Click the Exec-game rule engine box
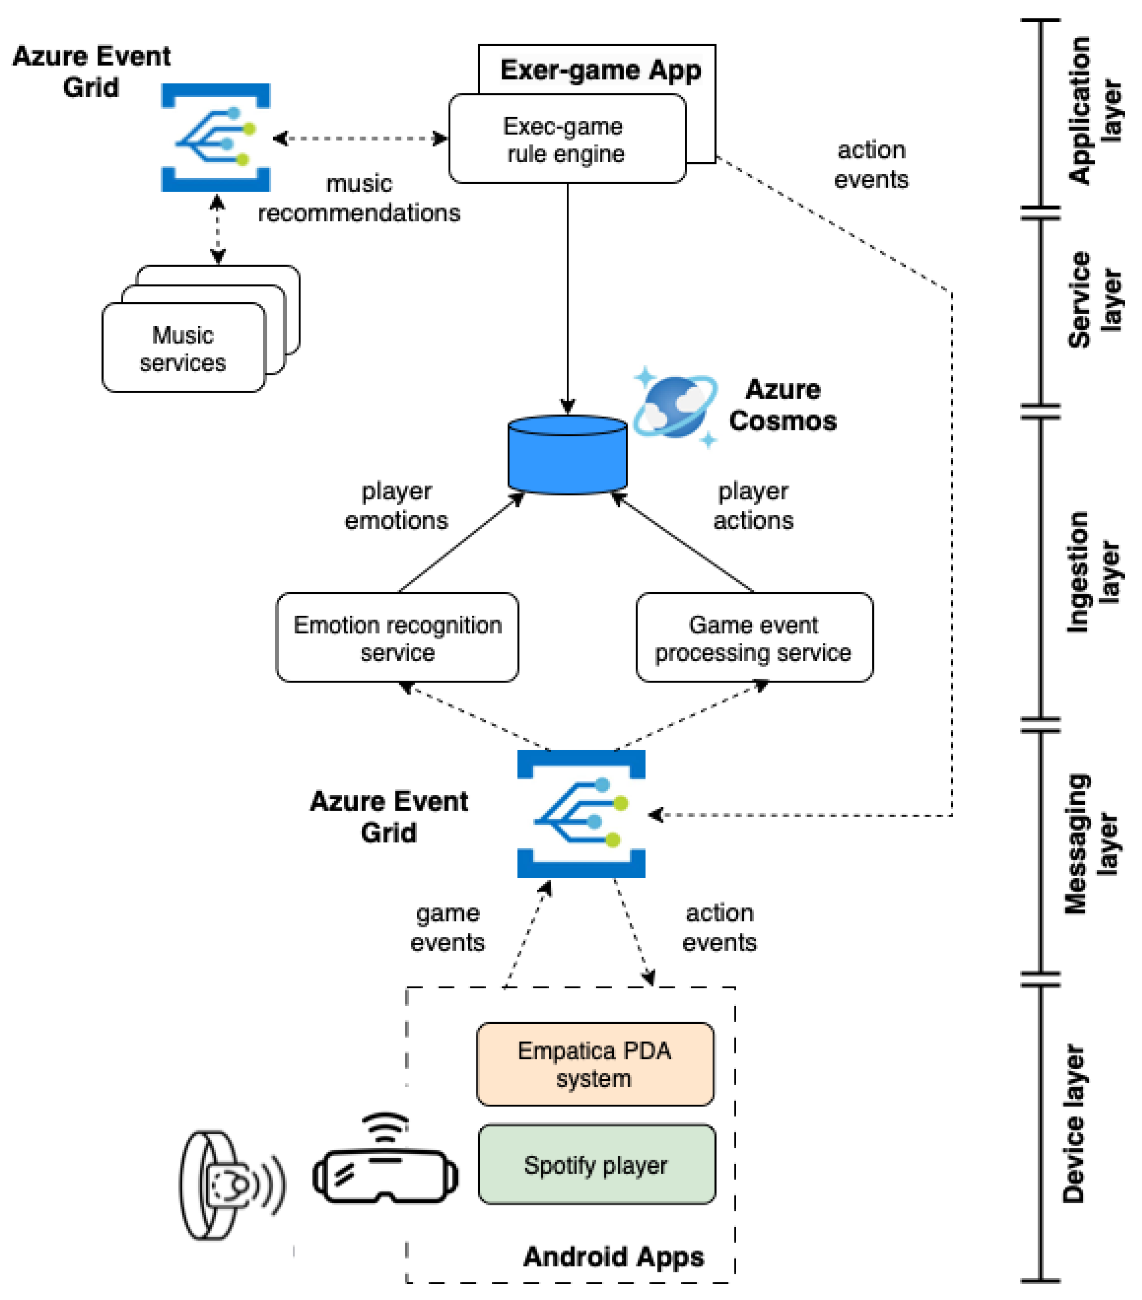(x=567, y=139)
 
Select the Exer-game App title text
(x=600, y=70)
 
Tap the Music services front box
(x=183, y=348)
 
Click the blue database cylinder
(x=567, y=455)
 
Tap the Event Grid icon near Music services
(x=216, y=137)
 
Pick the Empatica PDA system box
(x=595, y=1064)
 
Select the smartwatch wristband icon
(x=229, y=1184)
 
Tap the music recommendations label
(x=359, y=198)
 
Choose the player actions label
(x=753, y=506)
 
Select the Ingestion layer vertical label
(x=1091, y=572)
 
